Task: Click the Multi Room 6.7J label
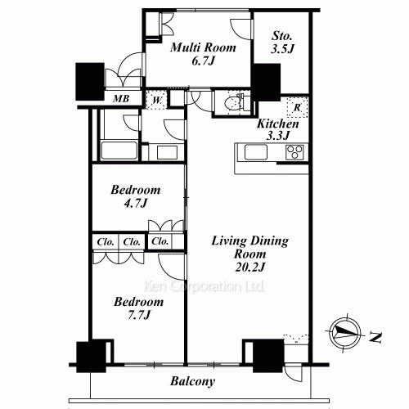click(x=203, y=54)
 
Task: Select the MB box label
click(x=119, y=100)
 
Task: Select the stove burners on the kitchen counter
click(x=294, y=152)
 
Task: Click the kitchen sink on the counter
click(x=251, y=153)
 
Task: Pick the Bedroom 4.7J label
click(x=136, y=196)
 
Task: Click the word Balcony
click(x=193, y=381)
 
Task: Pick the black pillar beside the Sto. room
click(x=265, y=82)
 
